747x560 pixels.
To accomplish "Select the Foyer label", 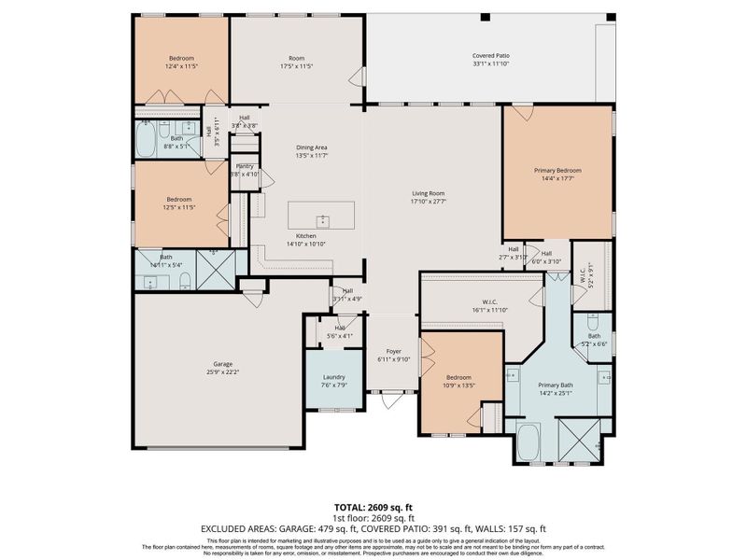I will click(394, 351).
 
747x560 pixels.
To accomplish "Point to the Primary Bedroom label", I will click(557, 171).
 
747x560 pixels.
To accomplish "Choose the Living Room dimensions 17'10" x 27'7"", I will click(430, 202).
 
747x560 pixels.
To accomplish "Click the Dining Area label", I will click(312, 147).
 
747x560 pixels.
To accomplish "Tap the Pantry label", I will click(245, 166).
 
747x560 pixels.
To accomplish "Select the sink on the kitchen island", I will click(323, 220).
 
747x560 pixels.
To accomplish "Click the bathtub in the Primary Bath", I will click(529, 441).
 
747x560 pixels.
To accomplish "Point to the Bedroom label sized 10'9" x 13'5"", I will click(458, 377).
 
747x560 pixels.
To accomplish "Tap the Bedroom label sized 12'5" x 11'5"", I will click(179, 199).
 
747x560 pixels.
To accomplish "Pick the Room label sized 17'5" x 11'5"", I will click(295, 59).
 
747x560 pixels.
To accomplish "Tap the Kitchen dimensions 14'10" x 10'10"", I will click(306, 245).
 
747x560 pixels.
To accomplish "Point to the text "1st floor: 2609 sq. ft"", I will click(373, 517).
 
